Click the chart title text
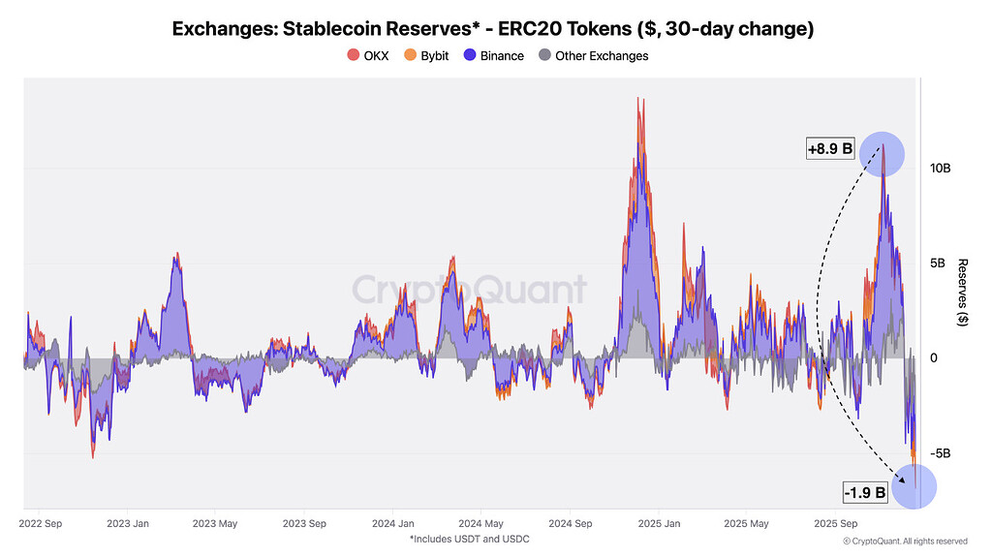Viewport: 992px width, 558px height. coord(492,29)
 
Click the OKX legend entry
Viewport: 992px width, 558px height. coord(368,56)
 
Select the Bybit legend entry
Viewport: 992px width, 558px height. coord(426,56)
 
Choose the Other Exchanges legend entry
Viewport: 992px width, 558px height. coord(593,56)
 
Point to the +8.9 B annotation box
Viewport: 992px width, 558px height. coord(830,149)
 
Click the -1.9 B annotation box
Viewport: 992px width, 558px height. coord(865,492)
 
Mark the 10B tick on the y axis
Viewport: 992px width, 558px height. coord(940,169)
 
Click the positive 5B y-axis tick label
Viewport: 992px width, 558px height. coord(940,263)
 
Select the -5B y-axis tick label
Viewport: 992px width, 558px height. coord(940,453)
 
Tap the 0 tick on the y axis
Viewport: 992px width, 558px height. coord(934,358)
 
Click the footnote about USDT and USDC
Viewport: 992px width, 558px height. coord(469,539)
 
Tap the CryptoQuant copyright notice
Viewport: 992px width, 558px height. coord(905,541)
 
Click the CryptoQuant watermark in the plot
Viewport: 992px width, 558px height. coord(469,290)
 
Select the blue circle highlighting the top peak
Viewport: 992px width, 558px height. coord(883,154)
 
